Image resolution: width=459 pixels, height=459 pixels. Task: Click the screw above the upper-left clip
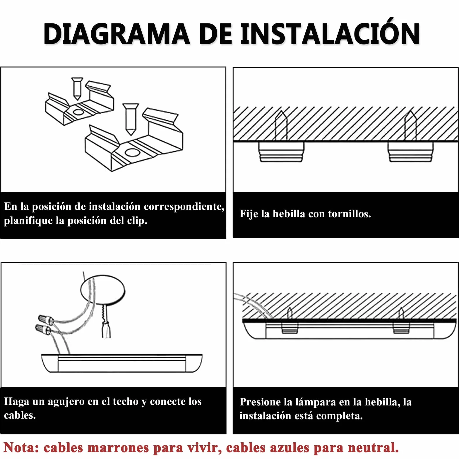[77, 88]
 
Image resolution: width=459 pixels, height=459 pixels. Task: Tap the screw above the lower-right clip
[130, 119]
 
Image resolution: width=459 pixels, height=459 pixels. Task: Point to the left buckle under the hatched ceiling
[281, 152]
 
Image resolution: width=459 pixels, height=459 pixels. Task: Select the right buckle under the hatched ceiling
[410, 152]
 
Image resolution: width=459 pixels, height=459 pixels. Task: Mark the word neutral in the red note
[373, 448]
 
